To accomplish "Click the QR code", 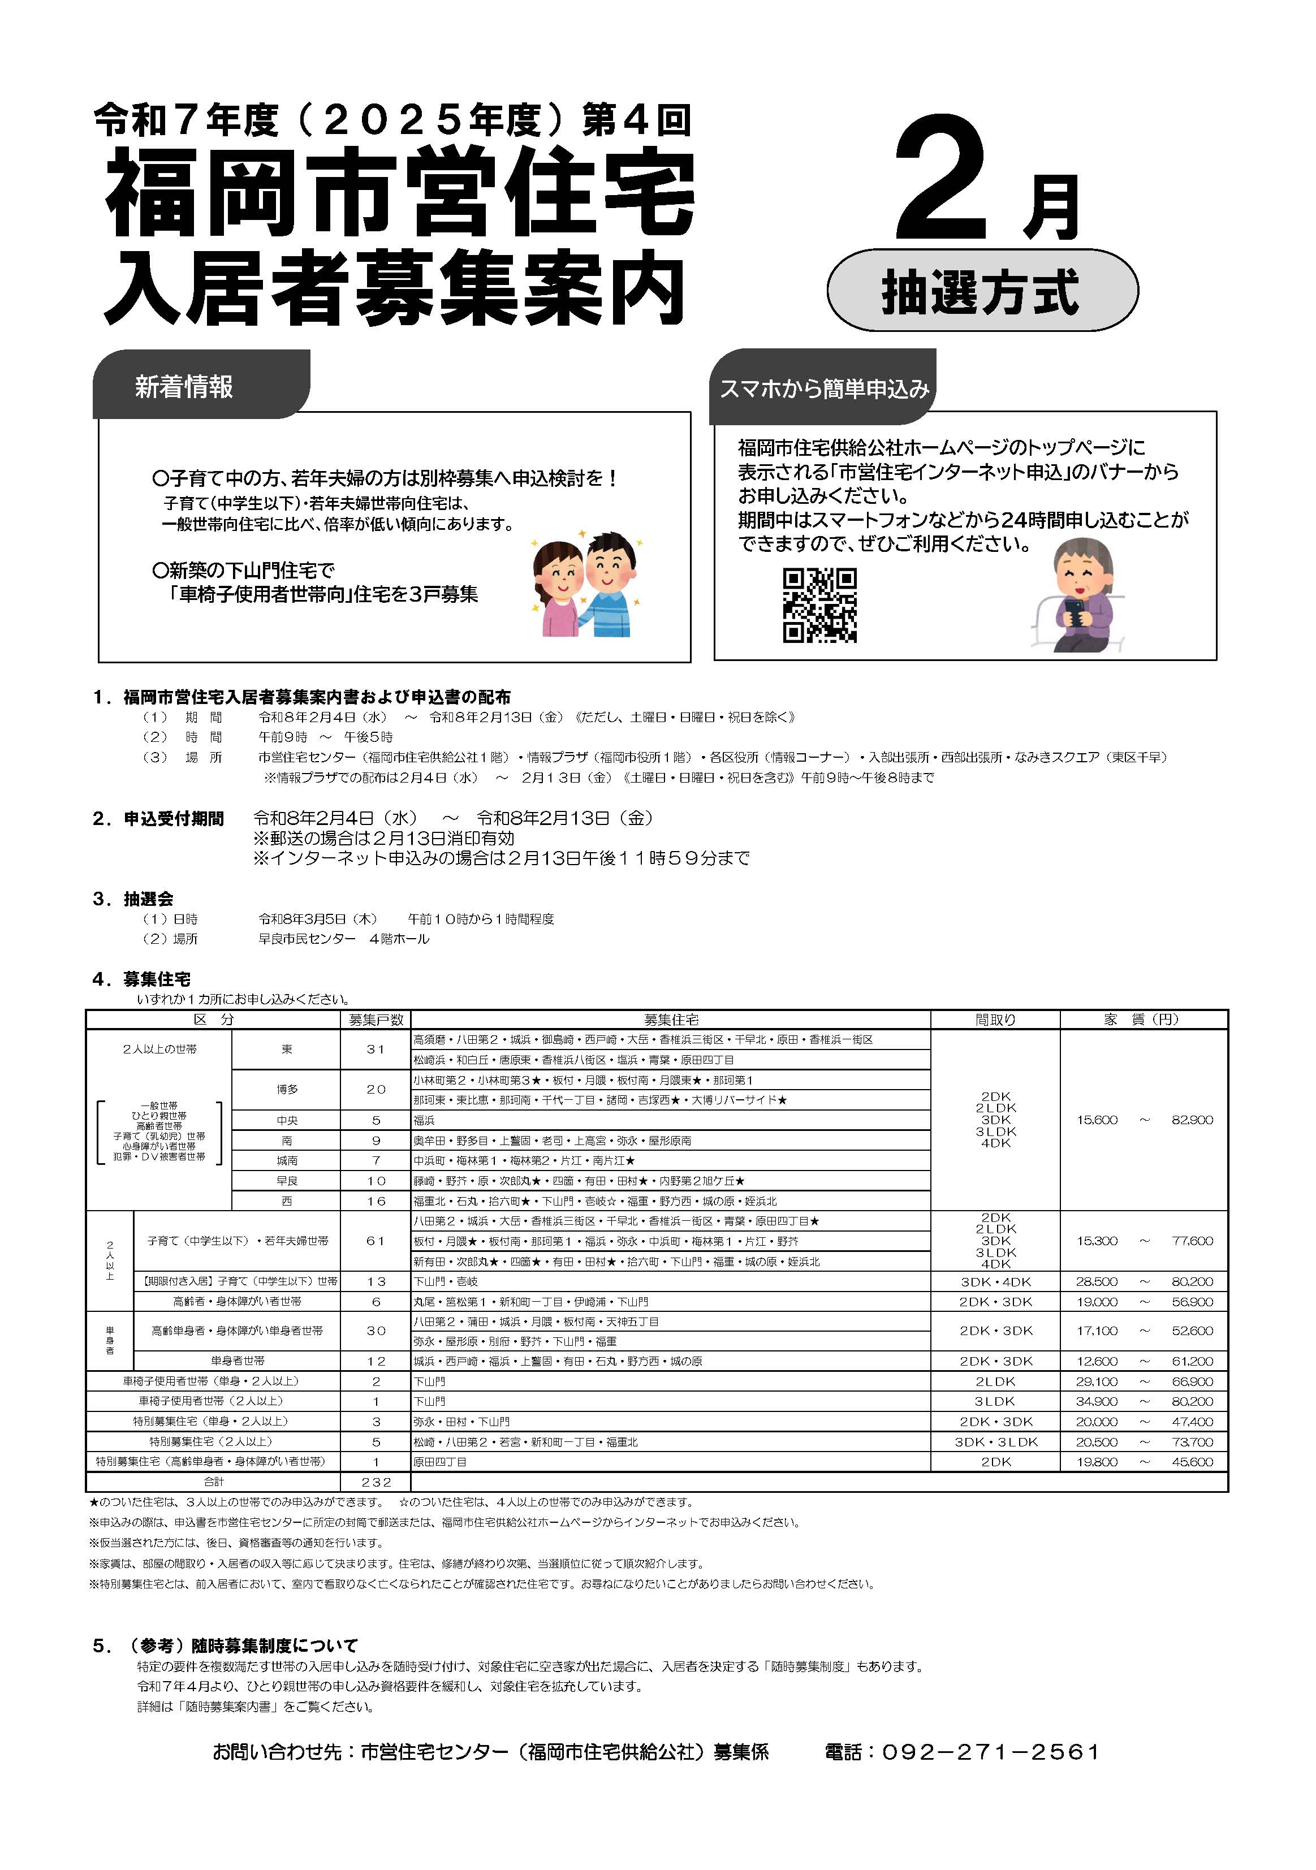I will click(819, 605).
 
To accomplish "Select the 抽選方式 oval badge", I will click(982, 291).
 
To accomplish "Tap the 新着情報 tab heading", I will click(185, 387).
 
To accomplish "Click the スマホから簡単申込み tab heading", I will click(823, 389).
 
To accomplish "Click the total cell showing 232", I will click(376, 1482).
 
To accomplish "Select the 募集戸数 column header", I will click(376, 1020).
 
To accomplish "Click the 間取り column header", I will click(995, 1020).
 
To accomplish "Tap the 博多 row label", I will click(287, 1090).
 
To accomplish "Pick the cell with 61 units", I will click(376, 1241).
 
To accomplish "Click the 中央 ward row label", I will click(287, 1121).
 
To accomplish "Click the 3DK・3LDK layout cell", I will click(995, 1441).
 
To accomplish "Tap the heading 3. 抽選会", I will click(133, 899).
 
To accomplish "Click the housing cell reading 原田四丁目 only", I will click(441, 1462).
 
